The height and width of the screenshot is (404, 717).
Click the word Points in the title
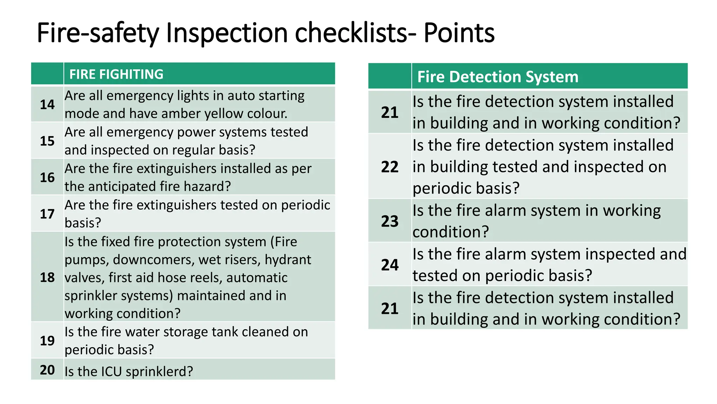coord(459,33)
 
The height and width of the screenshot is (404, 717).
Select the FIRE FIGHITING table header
coord(116,74)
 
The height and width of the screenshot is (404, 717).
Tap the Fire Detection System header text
coord(497,77)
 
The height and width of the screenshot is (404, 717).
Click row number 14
coord(47,105)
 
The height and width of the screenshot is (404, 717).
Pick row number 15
coord(47,141)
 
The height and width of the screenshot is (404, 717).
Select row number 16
coord(47,177)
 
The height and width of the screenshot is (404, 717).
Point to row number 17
coord(47,214)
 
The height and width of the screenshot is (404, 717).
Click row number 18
coord(47,277)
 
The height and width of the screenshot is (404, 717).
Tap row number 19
coord(47,341)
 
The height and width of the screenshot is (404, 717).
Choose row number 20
coord(47,370)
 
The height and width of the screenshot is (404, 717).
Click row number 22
coord(390,167)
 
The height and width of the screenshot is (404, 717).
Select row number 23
coord(390,221)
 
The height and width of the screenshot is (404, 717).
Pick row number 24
coord(390,265)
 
